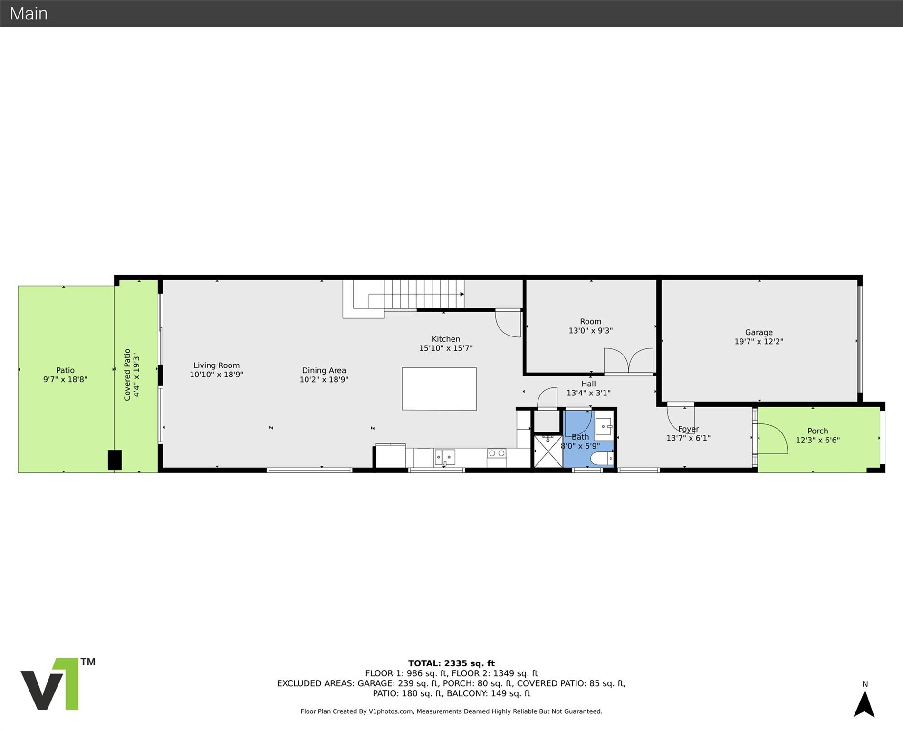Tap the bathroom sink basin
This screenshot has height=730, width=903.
pyautogui.click(x=604, y=427)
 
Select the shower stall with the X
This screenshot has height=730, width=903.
pyautogui.click(x=548, y=451)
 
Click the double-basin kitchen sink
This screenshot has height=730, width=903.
pyautogui.click(x=444, y=457)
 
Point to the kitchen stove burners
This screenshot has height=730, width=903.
pyautogui.click(x=496, y=453)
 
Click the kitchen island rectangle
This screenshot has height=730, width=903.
pyautogui.click(x=439, y=389)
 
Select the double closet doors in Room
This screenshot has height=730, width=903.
pyautogui.click(x=628, y=360)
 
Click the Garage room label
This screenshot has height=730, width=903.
pyautogui.click(x=759, y=333)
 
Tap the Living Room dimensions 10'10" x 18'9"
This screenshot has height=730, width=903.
pyautogui.click(x=216, y=375)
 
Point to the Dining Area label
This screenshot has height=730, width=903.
pyautogui.click(x=324, y=370)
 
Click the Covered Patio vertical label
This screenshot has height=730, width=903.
pyautogui.click(x=127, y=375)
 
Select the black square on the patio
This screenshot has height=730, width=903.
pyautogui.click(x=115, y=460)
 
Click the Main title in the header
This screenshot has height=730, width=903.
pyautogui.click(x=29, y=13)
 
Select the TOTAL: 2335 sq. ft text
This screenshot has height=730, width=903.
pyautogui.click(x=451, y=663)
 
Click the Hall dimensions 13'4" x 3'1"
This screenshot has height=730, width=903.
pyautogui.click(x=588, y=393)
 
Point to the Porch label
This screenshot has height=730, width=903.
pyautogui.click(x=817, y=431)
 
